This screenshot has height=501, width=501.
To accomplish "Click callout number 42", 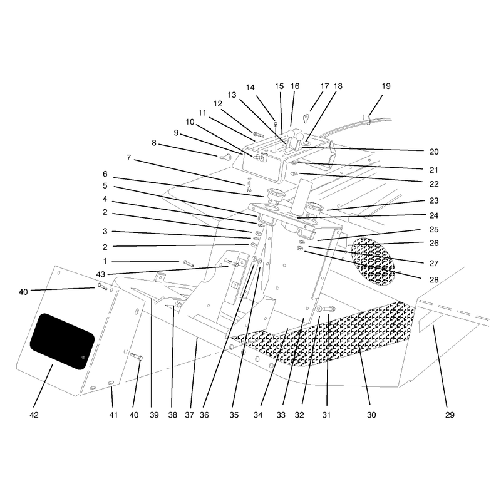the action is coord(34,415).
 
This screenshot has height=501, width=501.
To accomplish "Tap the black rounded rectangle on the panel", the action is coord(62,341).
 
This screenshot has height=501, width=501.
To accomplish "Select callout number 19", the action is coord(386,86).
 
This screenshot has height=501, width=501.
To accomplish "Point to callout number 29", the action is coord(450,415).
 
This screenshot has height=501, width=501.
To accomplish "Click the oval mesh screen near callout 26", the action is coord(373,261).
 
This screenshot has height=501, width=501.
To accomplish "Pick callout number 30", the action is coord(371,415).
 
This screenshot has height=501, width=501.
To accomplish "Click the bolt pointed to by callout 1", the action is coord(189,264).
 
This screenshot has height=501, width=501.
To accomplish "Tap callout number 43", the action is coord(100,274).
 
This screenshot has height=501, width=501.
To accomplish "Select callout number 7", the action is coord(129,158).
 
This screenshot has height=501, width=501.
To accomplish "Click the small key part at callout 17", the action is coord(306,118).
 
